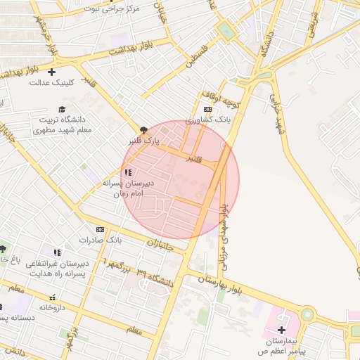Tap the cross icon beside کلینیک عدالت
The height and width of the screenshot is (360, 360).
[51, 72]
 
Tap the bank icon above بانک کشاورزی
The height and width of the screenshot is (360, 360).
[207, 110]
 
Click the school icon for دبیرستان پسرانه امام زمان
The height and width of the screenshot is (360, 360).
[127, 172]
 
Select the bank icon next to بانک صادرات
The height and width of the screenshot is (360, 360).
[100, 229]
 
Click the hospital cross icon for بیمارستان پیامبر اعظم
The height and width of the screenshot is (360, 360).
[281, 330]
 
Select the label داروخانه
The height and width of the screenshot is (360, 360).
[52, 307]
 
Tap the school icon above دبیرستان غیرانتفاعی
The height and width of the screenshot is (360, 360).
[57, 252]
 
